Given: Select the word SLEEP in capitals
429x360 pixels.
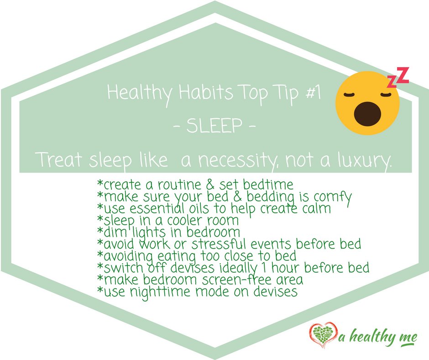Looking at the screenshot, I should (x=214, y=127).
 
